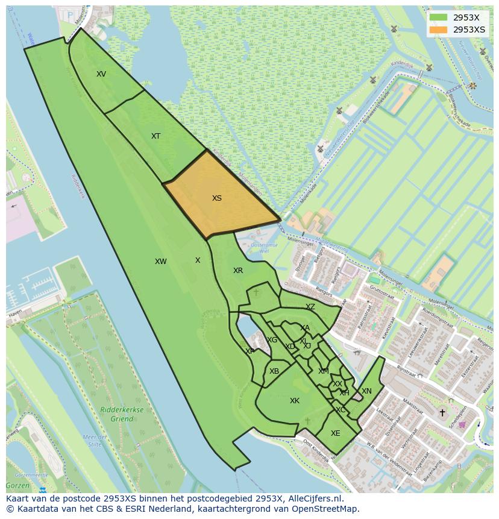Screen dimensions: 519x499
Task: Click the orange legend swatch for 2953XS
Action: [439, 30]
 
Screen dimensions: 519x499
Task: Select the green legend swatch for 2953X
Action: [439, 17]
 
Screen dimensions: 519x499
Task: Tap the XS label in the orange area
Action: [217, 198]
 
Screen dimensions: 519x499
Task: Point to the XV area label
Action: [101, 74]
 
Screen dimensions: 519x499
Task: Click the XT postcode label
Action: [156, 136]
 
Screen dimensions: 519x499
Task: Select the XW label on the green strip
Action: [160, 262]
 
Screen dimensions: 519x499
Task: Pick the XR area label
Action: [238, 271]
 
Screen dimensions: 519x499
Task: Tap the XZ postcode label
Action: [310, 307]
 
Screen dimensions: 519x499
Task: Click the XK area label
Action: [295, 401]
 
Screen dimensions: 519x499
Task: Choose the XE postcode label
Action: [336, 433]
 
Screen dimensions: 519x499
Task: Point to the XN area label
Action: [366, 391]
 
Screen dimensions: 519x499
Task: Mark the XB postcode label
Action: [274, 371]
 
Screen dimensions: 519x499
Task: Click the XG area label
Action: [272, 340]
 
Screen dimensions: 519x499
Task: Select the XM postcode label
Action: [324, 371]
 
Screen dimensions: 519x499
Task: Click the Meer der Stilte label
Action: [95, 441]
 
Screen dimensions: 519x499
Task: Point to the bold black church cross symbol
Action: [442, 413]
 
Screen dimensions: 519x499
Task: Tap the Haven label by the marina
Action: [15, 312]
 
